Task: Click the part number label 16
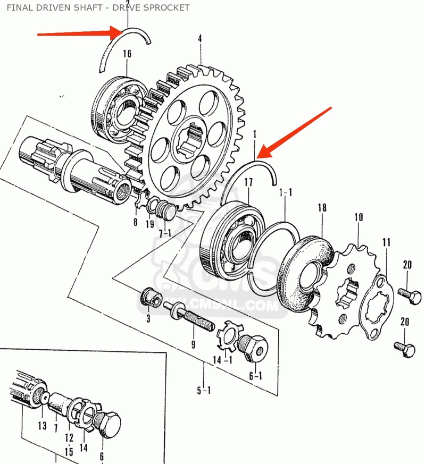[127, 53]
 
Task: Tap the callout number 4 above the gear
[200, 39]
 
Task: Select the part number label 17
[248, 183]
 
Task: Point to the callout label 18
[322, 207]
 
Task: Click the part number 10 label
[359, 217]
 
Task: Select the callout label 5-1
[204, 391]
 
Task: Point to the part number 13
[42, 425]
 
